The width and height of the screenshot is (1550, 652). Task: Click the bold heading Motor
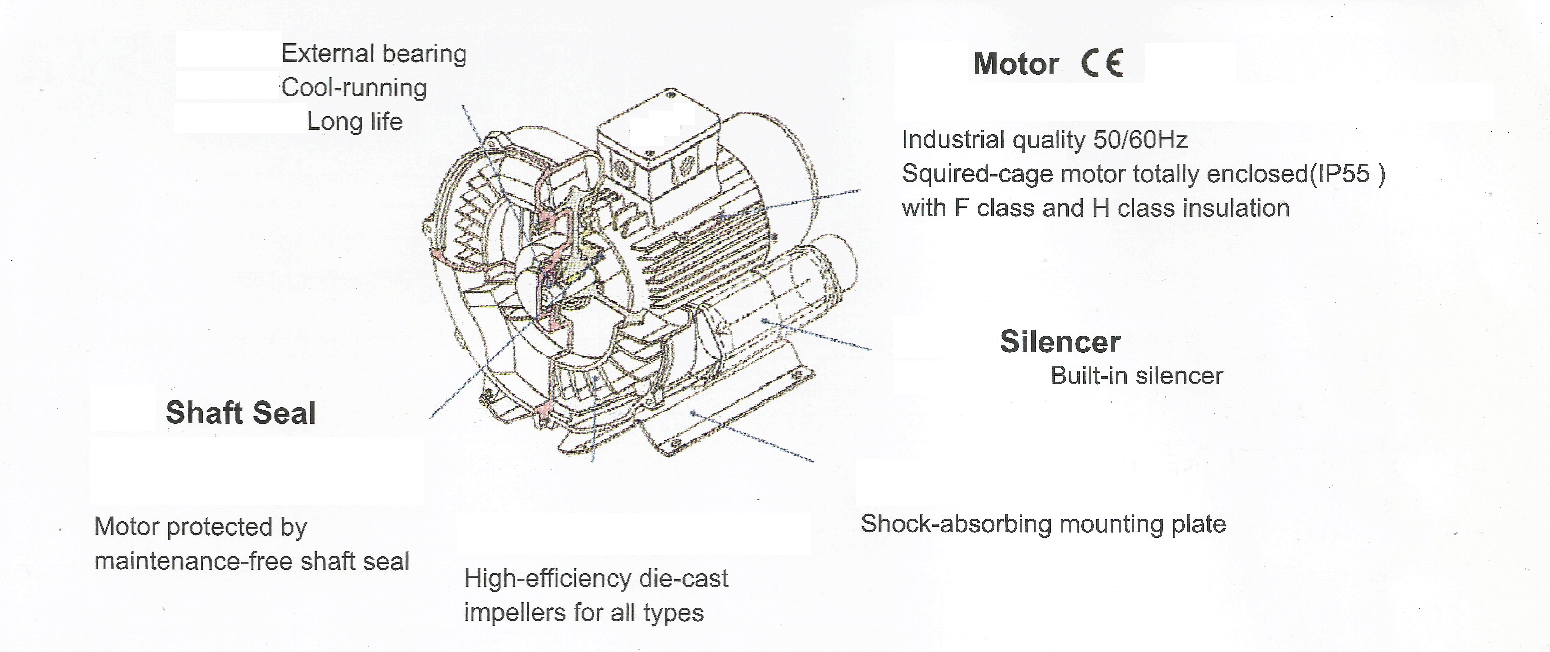[x=1016, y=64]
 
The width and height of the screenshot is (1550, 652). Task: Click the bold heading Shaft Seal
[x=241, y=413]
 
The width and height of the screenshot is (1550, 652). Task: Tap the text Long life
[x=354, y=121]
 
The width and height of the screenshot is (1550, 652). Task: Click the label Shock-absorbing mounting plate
[x=1043, y=524]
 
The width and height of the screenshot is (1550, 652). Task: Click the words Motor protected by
[x=200, y=527]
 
